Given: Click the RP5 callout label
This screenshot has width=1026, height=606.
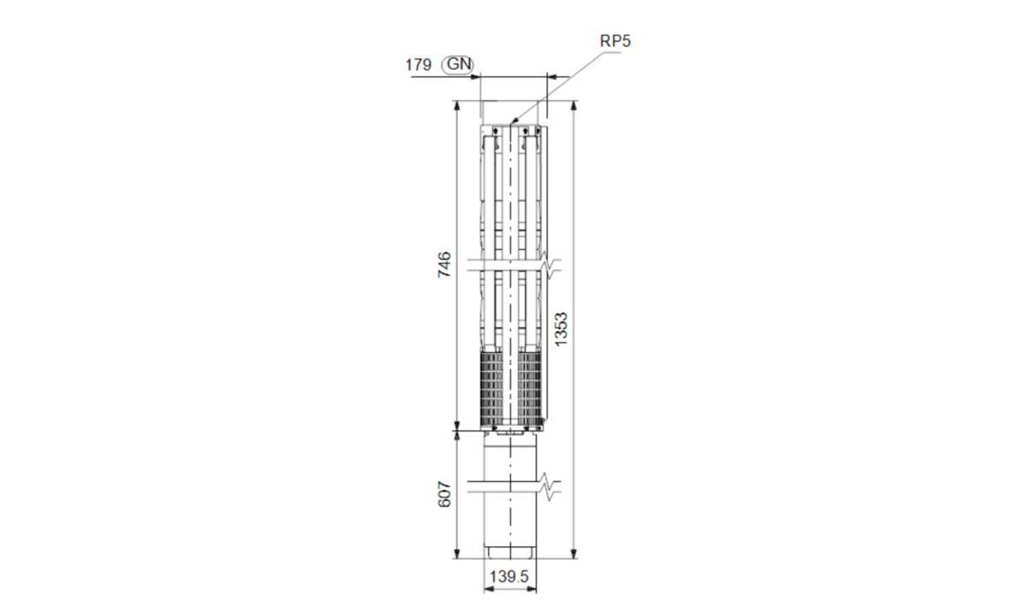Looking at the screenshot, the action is (x=615, y=41).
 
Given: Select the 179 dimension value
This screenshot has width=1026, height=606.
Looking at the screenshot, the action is (x=418, y=65).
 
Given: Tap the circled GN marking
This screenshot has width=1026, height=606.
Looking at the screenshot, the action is (x=457, y=65).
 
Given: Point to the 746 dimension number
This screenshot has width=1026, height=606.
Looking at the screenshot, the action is (x=445, y=264).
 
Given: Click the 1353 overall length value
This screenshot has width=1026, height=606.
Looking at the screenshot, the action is (x=561, y=329).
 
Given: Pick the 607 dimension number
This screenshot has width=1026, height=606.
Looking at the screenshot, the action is (x=445, y=494).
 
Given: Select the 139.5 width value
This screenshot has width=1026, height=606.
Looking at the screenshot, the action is (x=510, y=577).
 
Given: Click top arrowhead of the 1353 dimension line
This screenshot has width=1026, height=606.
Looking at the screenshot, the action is (x=574, y=106).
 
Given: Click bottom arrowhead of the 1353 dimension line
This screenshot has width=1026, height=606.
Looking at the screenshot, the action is (x=574, y=553).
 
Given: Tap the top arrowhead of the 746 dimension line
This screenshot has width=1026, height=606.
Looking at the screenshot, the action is (x=457, y=106).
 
